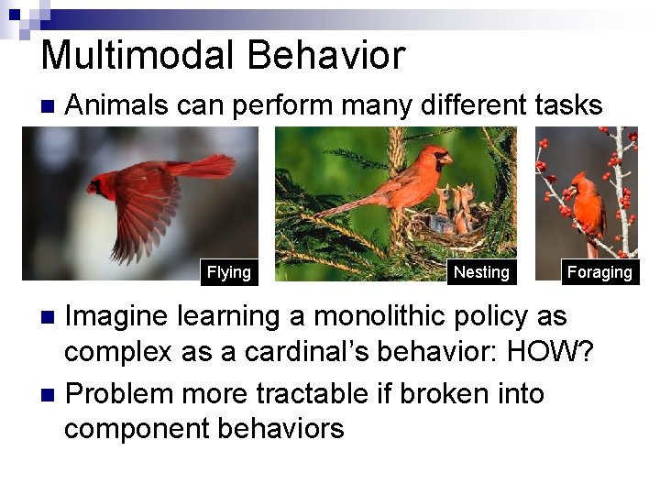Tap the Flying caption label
tap(228, 272)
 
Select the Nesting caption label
tap(481, 272)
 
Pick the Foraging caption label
tap(599, 272)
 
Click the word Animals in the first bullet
tap(117, 106)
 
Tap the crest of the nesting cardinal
tap(430, 148)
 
